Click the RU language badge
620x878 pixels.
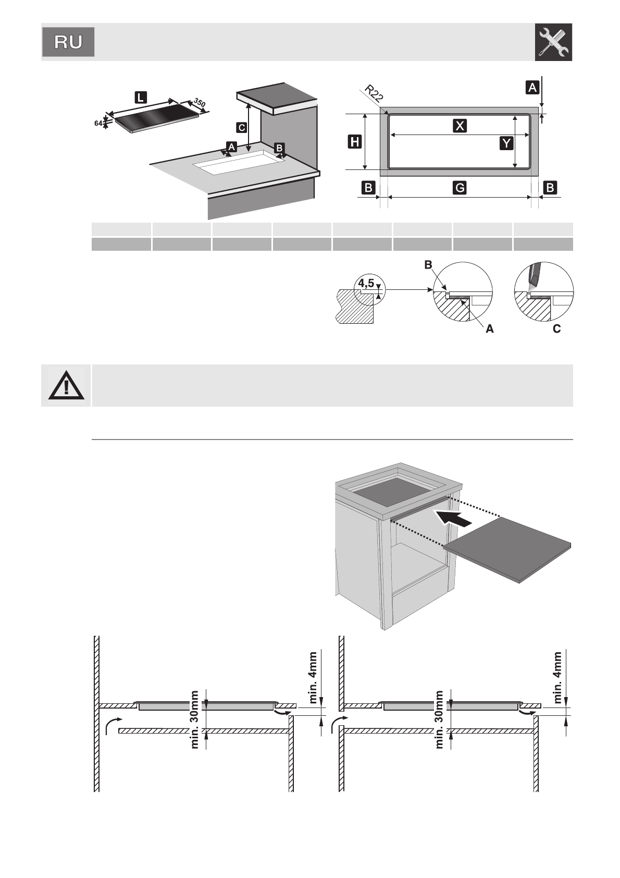pos(68,42)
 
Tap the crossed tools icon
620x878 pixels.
pos(553,42)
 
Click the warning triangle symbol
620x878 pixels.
pos(66,386)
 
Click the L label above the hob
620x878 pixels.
pos(141,97)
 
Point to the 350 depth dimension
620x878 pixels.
pos(200,103)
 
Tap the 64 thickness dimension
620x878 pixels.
pos(98,124)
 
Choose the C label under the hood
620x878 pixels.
pos(241,127)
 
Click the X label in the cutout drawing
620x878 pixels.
pos(460,126)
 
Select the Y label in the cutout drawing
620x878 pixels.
pos(506,142)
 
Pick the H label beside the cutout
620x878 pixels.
pos(355,141)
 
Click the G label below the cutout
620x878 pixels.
pos(460,188)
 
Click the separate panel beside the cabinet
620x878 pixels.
pos(508,550)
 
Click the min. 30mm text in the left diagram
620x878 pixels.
pos(195,720)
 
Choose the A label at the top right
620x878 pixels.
pos(532,88)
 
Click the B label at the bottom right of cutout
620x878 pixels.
pos(550,188)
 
